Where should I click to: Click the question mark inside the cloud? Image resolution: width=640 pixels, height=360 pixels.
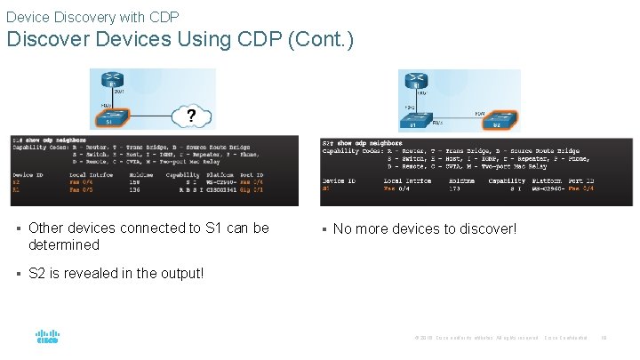coord(189,115)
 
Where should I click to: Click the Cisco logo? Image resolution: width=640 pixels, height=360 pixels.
coord(47,338)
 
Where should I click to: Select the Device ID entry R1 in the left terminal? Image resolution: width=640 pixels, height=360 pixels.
coord(16,189)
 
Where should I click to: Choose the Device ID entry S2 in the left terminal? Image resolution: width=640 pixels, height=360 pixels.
coord(16,182)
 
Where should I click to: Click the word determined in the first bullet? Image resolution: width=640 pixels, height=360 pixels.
coord(64,244)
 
